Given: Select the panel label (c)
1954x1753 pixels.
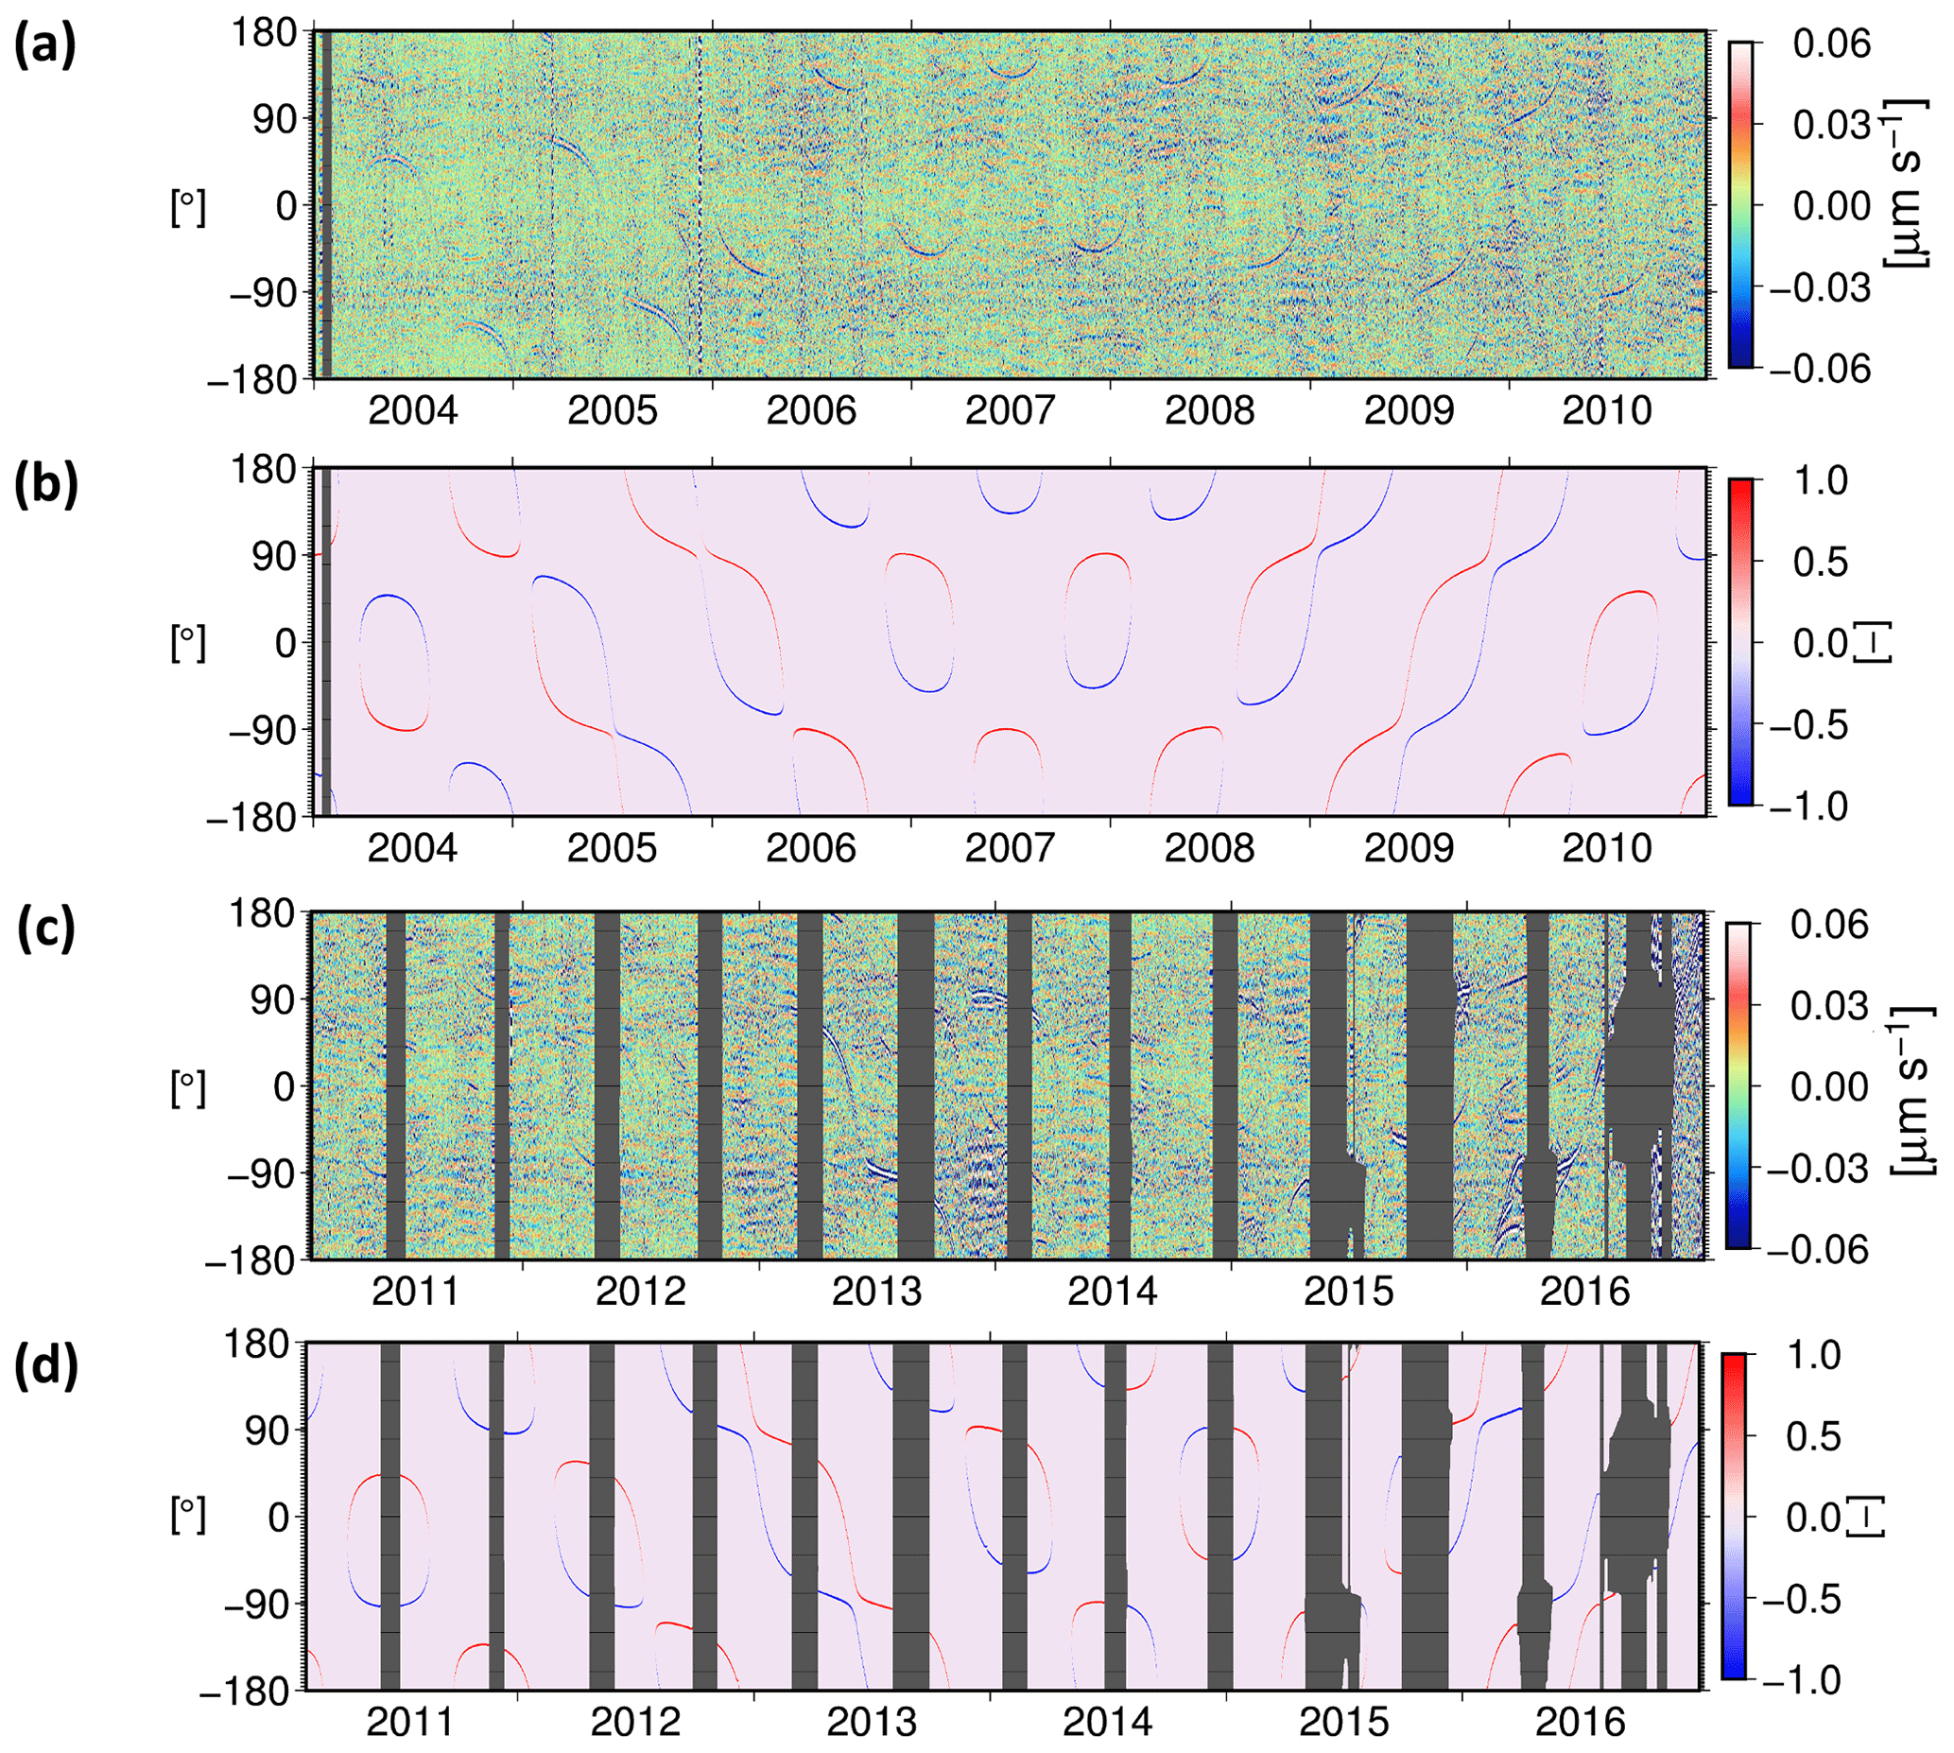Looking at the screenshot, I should coord(44,930).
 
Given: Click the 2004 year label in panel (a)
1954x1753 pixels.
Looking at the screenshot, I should coord(413,411).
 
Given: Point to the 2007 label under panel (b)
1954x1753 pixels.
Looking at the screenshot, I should coord(1011,848).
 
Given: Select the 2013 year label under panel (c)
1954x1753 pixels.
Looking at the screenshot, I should coord(876,1292).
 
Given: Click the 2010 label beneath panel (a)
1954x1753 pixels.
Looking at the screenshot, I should coord(1607,411).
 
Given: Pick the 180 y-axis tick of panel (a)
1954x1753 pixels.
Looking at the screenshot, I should coord(264,34).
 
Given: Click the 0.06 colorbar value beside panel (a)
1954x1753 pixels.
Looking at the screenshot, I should coord(1831,43).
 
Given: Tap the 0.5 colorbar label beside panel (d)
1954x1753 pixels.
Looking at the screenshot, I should coord(1813,1436).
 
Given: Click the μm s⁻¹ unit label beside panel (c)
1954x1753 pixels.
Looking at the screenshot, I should coord(1911,1088).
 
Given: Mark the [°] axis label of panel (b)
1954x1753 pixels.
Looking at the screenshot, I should coord(188,642).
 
